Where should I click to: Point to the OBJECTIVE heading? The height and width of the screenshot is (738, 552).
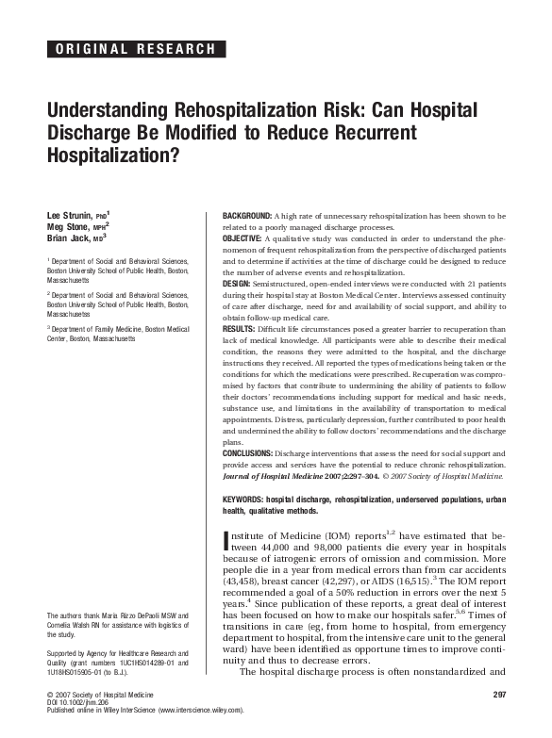pos(243,239)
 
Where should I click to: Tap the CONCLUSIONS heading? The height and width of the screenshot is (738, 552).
pos(249,451)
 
